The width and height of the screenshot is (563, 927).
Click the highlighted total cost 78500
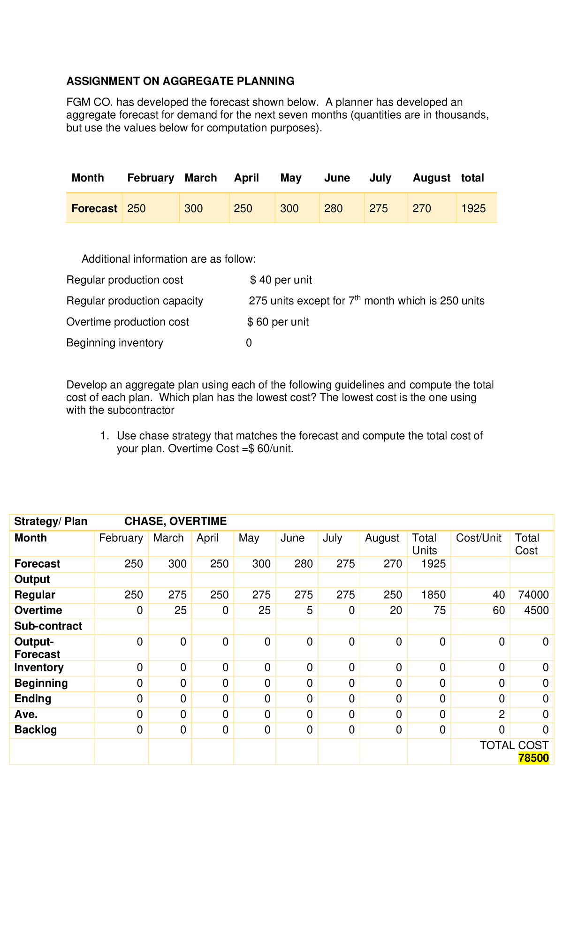click(533, 758)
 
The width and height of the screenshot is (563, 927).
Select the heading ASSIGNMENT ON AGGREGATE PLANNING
click(180, 81)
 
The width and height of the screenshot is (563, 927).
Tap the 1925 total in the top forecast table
click(473, 208)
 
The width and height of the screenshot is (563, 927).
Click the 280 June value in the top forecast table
click(333, 208)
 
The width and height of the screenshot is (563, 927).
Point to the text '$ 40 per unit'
click(281, 280)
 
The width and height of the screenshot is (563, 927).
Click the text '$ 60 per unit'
click(278, 322)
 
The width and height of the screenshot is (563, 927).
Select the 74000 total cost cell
click(533, 595)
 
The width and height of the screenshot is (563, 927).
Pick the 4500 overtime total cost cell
click(536, 610)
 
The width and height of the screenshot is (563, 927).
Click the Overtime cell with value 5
click(310, 610)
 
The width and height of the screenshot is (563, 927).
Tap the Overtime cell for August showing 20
click(396, 610)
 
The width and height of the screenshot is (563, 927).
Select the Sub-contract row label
click(48, 626)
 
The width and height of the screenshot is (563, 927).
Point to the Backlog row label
click(36, 730)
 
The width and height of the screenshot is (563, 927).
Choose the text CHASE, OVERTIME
click(175, 521)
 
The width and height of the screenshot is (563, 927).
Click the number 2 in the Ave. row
click(502, 714)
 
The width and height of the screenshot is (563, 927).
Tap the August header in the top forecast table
click(431, 178)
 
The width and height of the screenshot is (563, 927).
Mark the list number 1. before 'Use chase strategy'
click(105, 436)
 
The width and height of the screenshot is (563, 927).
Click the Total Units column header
click(424, 544)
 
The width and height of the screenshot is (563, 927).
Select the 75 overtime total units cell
click(439, 610)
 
